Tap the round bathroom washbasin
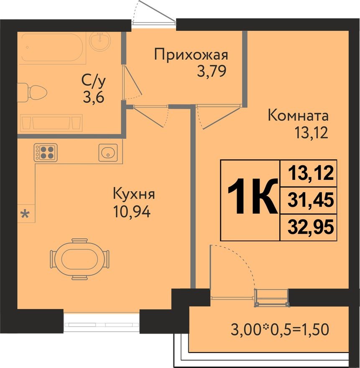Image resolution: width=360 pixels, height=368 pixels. (100, 42)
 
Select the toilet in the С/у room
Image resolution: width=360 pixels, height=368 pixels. (33, 91)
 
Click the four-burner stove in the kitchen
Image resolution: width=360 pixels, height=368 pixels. (46, 152)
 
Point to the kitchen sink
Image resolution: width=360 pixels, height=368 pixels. (108, 153)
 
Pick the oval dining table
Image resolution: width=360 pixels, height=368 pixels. (79, 259)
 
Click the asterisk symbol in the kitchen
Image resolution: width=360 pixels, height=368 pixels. (26, 215)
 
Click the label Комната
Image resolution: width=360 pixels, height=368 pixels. (298, 115)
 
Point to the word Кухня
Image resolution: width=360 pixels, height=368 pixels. (134, 194)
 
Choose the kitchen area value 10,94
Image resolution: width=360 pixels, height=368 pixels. (131, 212)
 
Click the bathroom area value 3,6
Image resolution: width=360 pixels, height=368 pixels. (93, 99)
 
